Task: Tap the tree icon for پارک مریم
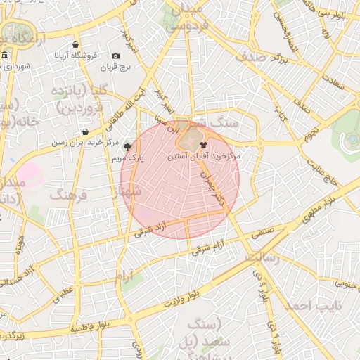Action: coord(127,147)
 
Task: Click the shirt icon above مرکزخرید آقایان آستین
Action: coord(194,144)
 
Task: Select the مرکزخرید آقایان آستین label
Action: coord(203,156)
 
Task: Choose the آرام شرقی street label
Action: coord(209,246)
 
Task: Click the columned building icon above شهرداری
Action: coord(5,56)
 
